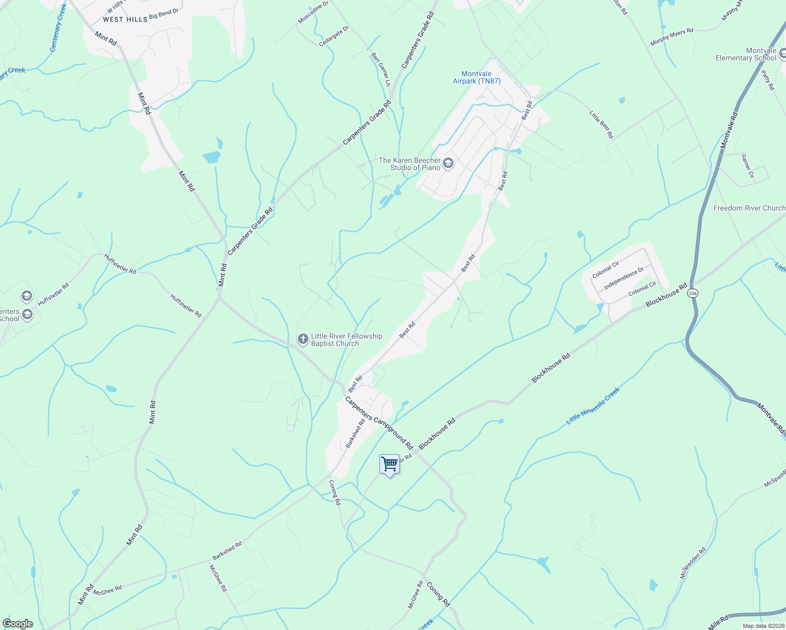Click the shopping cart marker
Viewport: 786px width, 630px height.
[x=389, y=465]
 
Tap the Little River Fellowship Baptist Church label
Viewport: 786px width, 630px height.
[x=346, y=340]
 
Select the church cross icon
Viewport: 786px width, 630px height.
[x=303, y=339]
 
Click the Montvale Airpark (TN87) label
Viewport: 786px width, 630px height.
[x=477, y=78]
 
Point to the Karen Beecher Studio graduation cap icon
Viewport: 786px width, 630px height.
[x=448, y=163]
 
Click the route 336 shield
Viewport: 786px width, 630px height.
[x=693, y=293]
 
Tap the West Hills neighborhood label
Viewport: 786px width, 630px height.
[x=125, y=19]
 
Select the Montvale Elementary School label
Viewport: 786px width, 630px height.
[x=746, y=55]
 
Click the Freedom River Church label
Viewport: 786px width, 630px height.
[x=749, y=208]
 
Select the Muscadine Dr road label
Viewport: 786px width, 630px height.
[x=313, y=12]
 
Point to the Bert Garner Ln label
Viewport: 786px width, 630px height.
[x=380, y=69]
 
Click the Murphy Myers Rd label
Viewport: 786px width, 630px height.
[x=671, y=37]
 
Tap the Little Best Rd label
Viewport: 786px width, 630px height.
[x=601, y=124]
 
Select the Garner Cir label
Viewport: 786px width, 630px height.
[x=747, y=166]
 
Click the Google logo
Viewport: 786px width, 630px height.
[x=18, y=624]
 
